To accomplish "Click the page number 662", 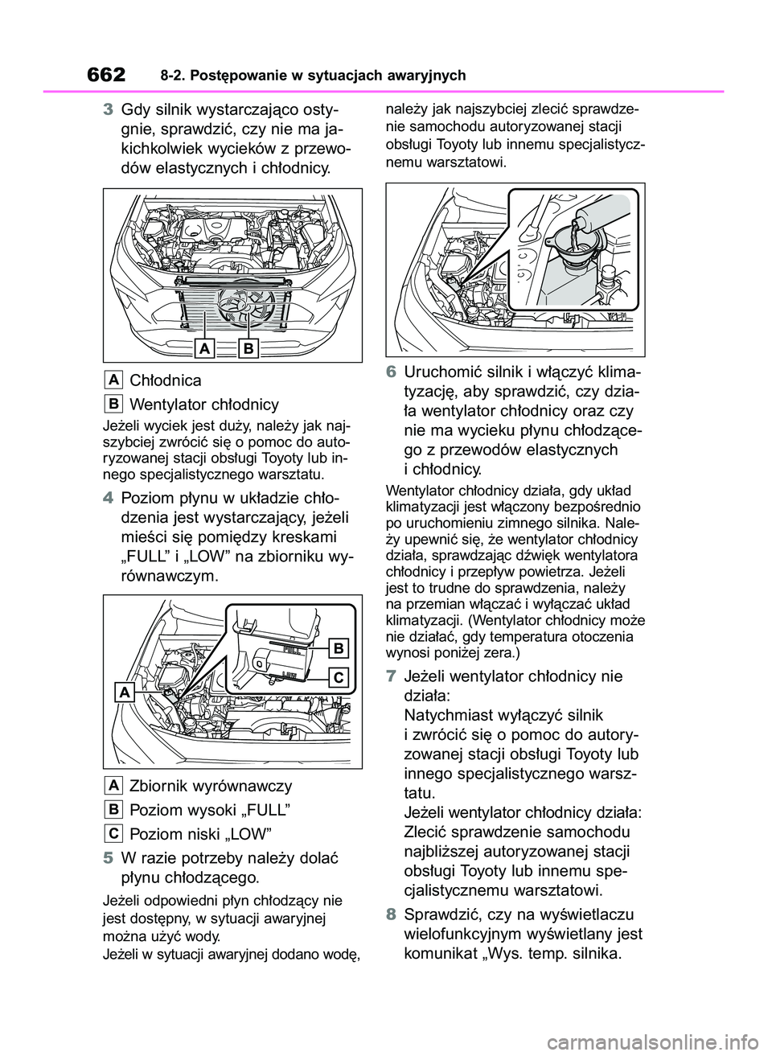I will coord(104,75).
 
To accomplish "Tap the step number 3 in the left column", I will coord(108,111).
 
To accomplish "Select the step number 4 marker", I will coord(108,497).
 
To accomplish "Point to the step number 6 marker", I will coord(391,373).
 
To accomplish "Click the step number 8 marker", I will coord(391,914).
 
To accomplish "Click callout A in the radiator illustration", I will coord(205,348).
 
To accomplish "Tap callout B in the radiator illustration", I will coord(248,348).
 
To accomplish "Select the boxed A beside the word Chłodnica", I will coord(113,380).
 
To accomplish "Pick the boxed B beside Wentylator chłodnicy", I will coord(113,404).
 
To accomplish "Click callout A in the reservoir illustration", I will coord(124,692).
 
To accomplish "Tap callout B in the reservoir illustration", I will coord(339,648).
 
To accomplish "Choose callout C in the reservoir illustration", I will coord(339,676).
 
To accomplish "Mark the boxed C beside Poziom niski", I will coord(113,833).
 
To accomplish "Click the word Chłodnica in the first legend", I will coord(166,380).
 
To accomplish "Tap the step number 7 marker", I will coord(391,676).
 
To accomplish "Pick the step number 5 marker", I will coord(108,857).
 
